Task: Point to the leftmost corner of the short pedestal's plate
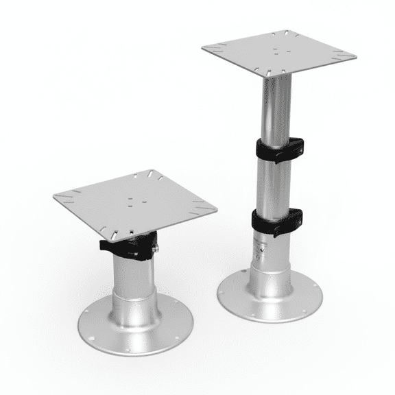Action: point(54,195)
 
